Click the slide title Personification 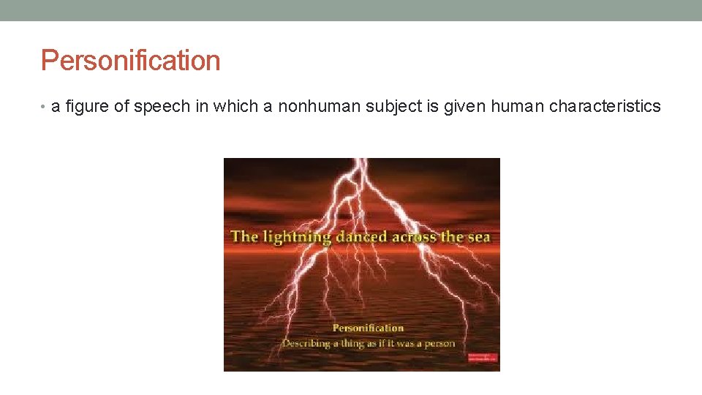click(x=130, y=60)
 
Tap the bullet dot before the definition click(x=45, y=108)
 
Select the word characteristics click(x=605, y=107)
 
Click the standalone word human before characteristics click(x=518, y=107)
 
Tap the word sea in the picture click(x=478, y=237)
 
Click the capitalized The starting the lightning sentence click(x=244, y=237)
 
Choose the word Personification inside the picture click(x=368, y=328)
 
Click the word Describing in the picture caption click(x=310, y=342)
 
